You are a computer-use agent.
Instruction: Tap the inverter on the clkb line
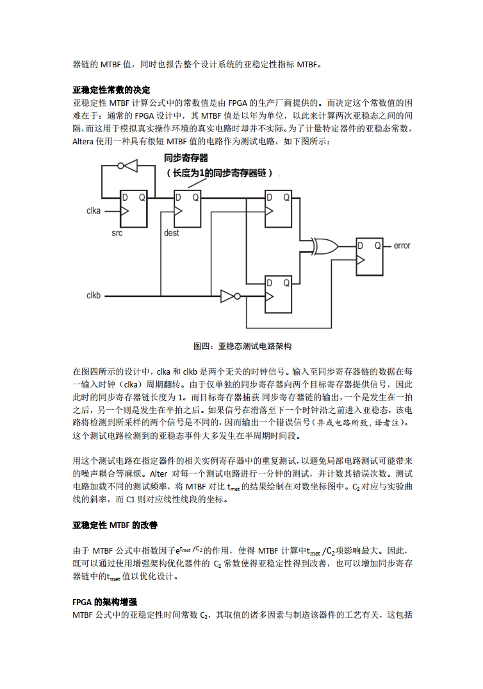coord(229,296)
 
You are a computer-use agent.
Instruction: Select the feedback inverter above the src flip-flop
coord(130,166)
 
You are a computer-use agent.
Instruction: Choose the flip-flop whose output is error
coord(370,257)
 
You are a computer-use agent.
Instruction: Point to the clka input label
coord(94,211)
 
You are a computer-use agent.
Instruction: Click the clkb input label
coord(94,296)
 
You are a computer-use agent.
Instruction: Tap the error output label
coord(402,246)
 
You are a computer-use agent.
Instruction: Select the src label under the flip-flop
coord(117,233)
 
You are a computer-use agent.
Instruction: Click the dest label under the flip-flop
coord(172,233)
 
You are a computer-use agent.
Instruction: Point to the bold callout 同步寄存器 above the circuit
coord(186,157)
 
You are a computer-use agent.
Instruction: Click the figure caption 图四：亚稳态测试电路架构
coord(242,346)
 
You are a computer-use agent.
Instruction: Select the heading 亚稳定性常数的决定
coord(111,89)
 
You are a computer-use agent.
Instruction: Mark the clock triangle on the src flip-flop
coord(126,211)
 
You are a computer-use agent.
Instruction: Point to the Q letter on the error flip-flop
coord(378,246)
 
